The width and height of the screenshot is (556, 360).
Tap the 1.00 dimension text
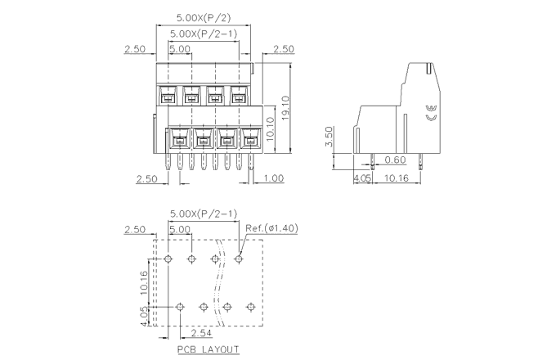[274, 178]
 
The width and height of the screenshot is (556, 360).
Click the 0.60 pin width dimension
[395, 160]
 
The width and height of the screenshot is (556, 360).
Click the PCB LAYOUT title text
[208, 349]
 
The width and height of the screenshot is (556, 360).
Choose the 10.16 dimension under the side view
[397, 177]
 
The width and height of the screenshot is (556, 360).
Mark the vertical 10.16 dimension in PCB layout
[143, 282]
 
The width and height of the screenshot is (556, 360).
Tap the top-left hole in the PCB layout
[168, 259]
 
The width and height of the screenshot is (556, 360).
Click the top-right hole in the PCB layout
[239, 259]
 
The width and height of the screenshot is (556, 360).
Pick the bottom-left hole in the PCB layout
[180, 307]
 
